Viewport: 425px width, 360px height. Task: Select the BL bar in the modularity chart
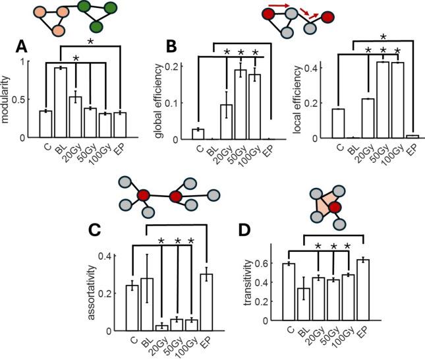[61, 102]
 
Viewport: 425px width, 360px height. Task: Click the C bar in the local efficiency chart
[338, 124]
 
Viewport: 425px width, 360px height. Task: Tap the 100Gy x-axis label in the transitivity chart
[359, 338]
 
